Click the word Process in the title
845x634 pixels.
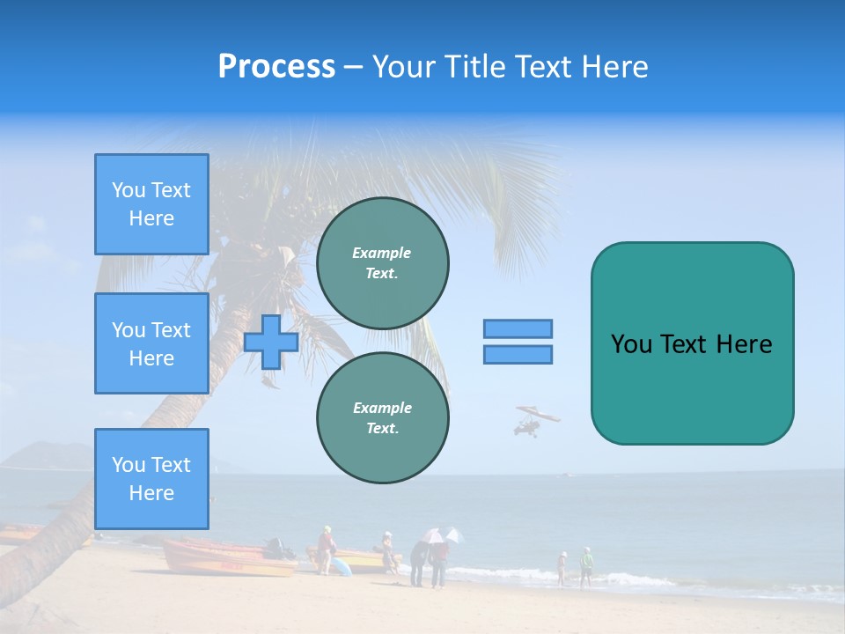(276, 67)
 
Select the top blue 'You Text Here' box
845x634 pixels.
(151, 204)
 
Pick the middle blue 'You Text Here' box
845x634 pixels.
(151, 343)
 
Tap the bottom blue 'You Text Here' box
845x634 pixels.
(151, 479)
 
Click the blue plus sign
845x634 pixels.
(271, 342)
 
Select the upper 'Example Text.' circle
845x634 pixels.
(382, 263)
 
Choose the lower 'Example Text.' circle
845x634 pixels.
(382, 418)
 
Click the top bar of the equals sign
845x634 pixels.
(518, 328)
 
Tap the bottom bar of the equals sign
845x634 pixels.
(518, 355)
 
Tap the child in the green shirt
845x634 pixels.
(586, 564)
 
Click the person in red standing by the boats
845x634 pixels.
(326, 549)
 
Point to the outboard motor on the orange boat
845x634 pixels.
(278, 548)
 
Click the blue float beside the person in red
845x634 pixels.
(342, 566)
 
